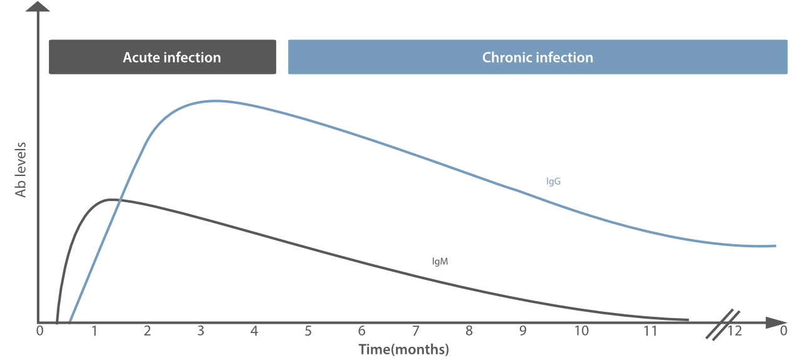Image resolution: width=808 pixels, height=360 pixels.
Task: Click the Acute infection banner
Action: [162, 57]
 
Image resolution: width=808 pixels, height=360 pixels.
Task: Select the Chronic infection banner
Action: [537, 57]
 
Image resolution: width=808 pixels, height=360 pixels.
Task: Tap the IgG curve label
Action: [553, 182]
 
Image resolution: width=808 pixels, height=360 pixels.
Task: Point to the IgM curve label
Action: [440, 261]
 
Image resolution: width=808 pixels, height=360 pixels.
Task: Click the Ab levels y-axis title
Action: [21, 170]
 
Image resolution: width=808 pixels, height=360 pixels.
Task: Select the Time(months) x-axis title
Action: [403, 349]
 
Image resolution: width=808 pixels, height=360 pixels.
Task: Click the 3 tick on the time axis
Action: [201, 331]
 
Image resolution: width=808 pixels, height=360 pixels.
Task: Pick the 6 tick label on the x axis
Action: [361, 331]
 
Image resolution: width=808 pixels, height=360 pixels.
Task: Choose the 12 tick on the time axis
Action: [735, 331]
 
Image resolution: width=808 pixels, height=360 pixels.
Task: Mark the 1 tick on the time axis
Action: [94, 331]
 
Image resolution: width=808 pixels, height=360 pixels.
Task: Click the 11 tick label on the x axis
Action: [651, 331]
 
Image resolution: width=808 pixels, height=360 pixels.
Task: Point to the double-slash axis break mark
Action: [723, 324]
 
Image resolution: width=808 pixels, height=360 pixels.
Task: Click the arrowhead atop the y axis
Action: [39, 7]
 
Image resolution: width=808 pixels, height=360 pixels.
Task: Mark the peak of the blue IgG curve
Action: [215, 101]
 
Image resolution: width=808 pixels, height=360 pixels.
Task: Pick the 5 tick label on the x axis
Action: [308, 331]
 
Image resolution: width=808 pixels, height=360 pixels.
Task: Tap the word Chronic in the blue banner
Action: [506, 57]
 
